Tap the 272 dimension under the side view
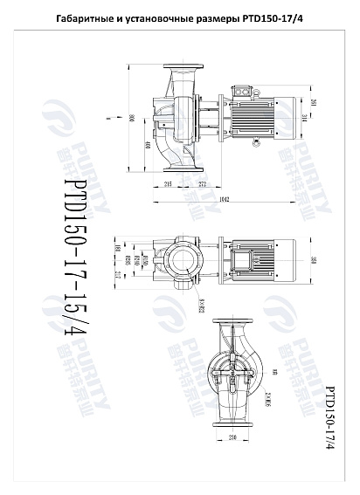203,184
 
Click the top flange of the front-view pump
233,316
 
